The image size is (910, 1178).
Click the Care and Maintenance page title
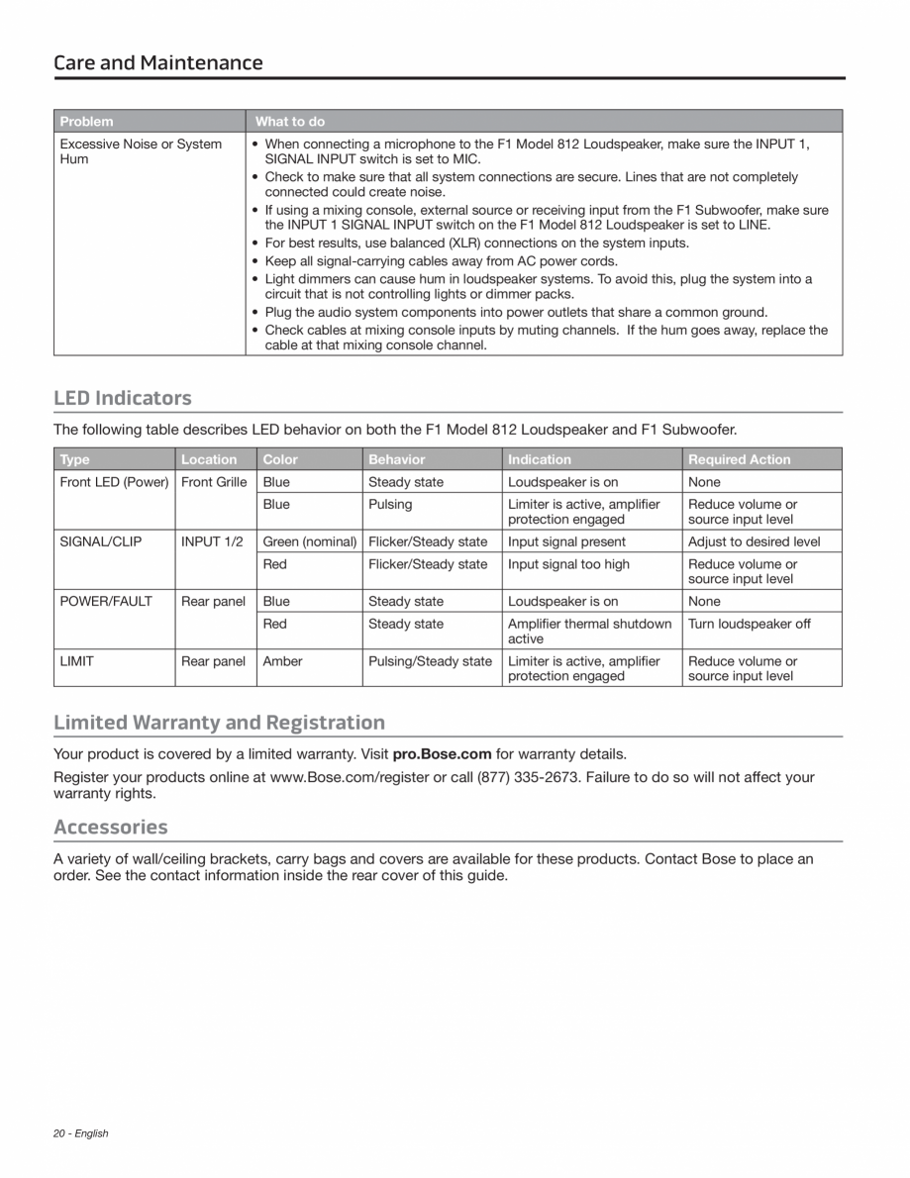[158, 63]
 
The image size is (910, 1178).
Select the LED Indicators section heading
[123, 398]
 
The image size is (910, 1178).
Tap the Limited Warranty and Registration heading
[219, 722]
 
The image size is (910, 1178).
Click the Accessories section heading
[111, 827]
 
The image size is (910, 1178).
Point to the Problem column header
[87, 122]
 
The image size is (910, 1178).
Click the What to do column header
[290, 122]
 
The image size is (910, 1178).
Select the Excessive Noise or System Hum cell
[141, 151]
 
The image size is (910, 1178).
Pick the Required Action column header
[740, 459]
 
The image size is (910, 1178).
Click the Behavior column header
[397, 459]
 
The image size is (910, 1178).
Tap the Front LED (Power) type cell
[115, 482]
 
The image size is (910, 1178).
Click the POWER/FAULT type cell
[107, 601]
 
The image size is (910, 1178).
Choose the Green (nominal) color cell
[310, 541]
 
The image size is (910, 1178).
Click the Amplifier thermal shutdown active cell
[590, 631]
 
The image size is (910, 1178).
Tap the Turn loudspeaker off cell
[750, 624]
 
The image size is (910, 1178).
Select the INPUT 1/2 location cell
[211, 541]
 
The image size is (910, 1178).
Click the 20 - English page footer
[81, 1133]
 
